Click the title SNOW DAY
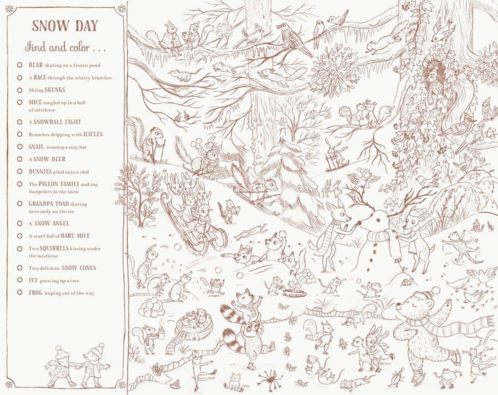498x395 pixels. click(x=65, y=26)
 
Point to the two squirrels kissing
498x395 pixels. click(x=363, y=114)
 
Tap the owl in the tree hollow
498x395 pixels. click(x=434, y=69)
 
